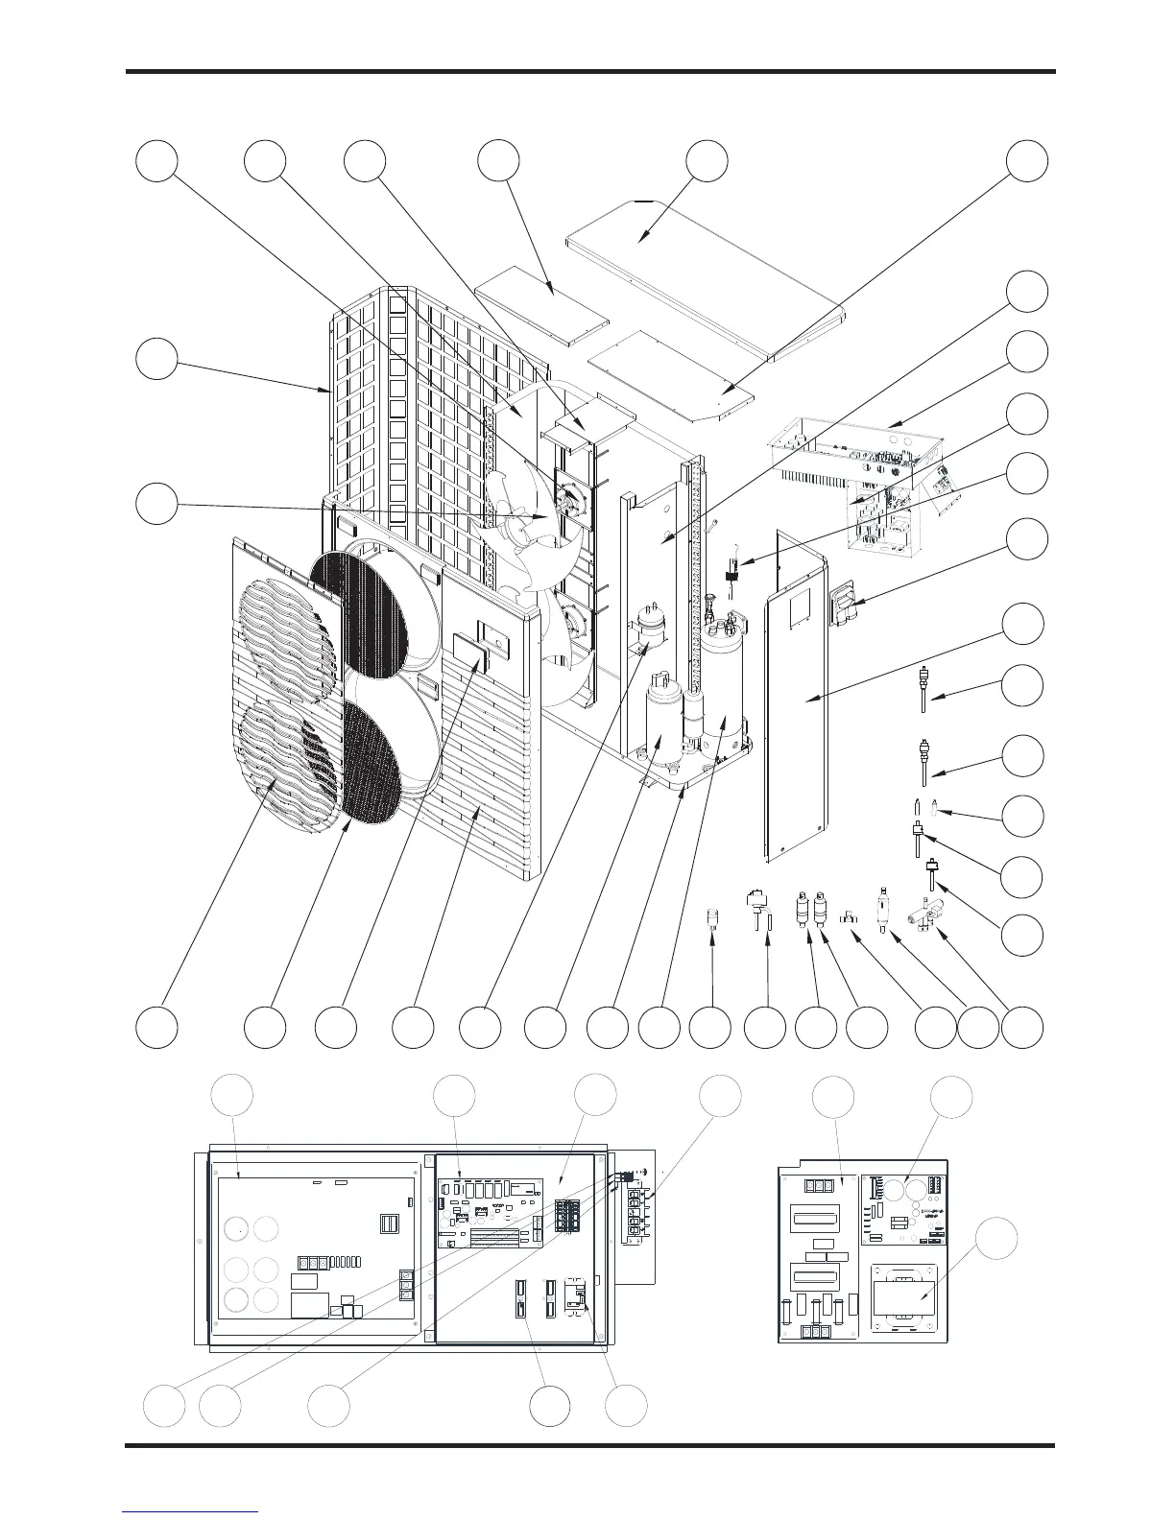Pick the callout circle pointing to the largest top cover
(707, 161)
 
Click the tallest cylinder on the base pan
(722, 691)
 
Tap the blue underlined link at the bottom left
(191, 1510)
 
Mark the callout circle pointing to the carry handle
(1026, 538)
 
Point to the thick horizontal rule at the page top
(590, 71)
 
